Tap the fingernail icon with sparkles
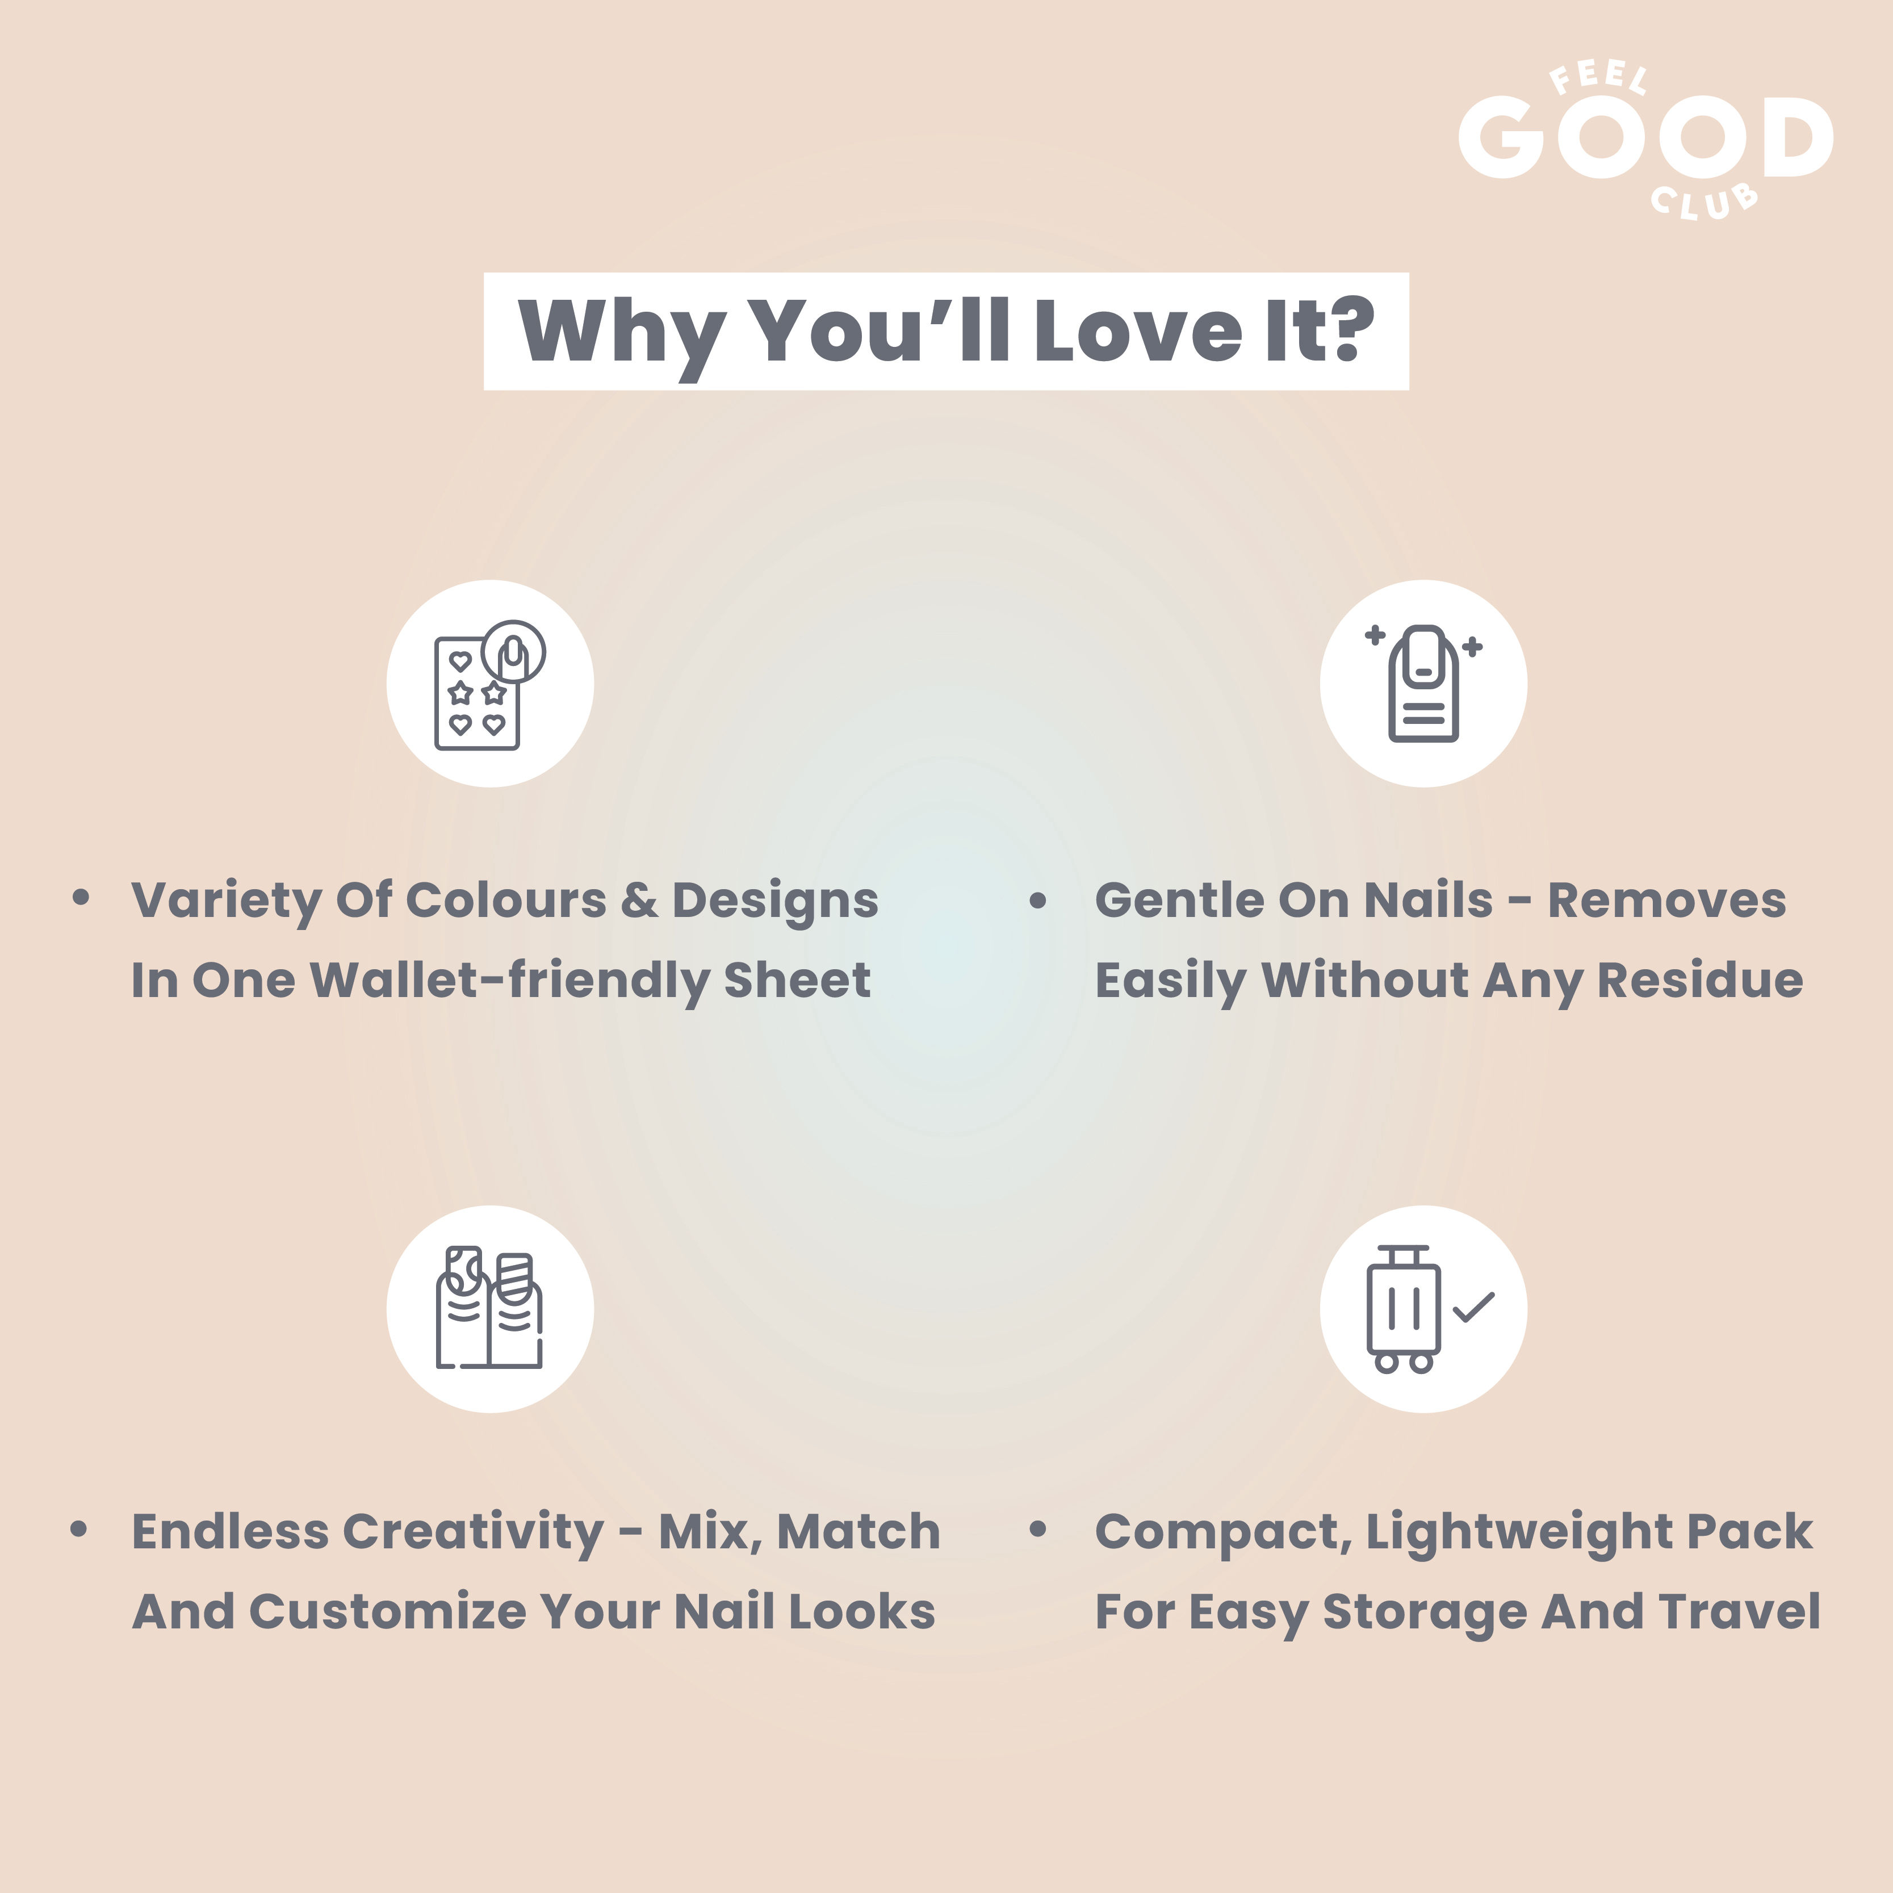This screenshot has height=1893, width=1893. coord(1423,683)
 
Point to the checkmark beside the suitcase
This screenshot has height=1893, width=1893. coord(1473,1307)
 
